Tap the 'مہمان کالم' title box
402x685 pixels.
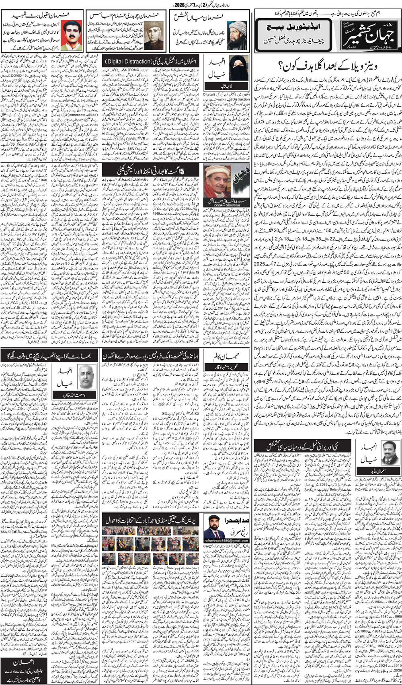[220, 358]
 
